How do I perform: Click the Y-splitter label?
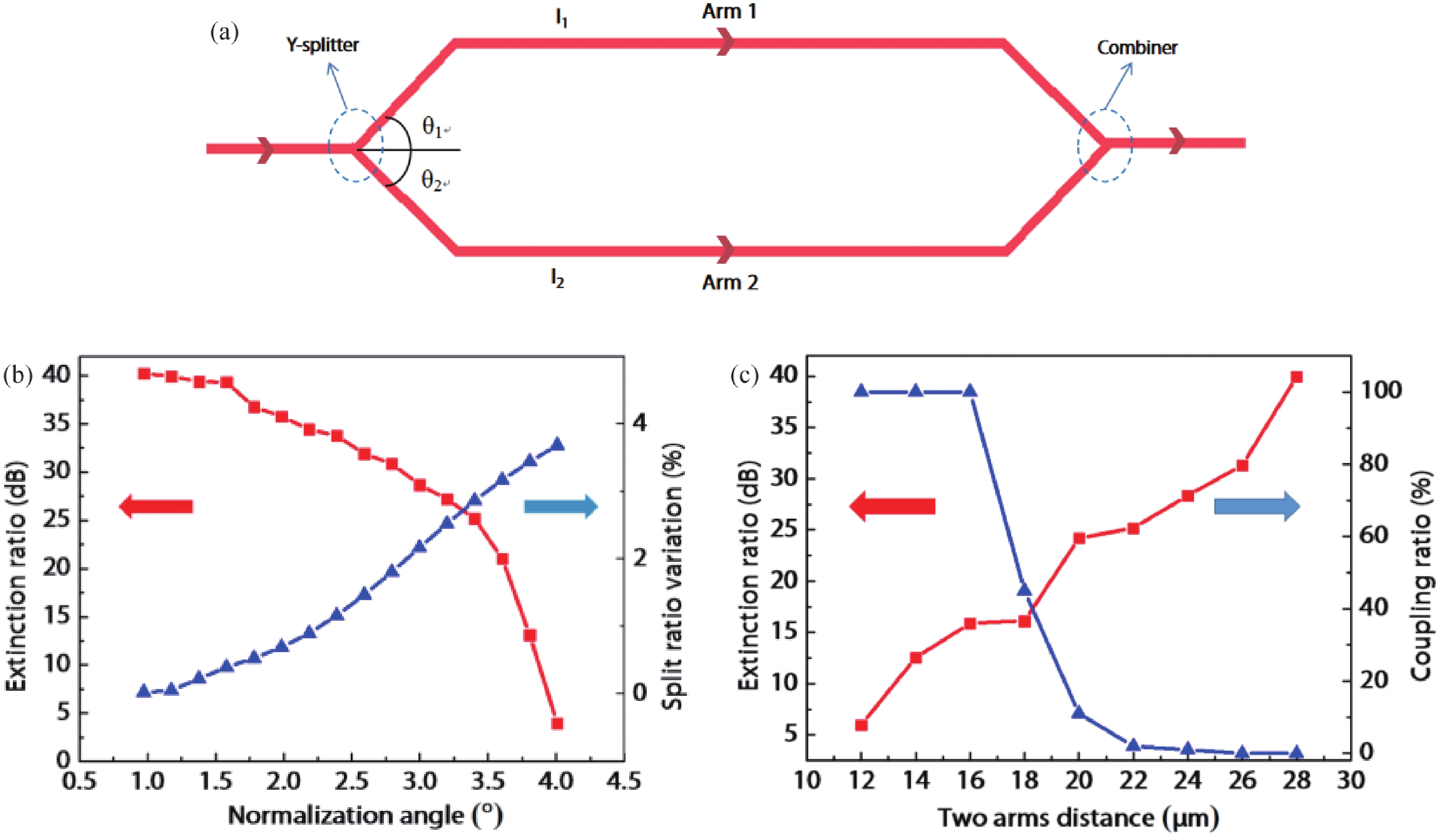tap(322, 45)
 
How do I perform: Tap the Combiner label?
tap(1137, 47)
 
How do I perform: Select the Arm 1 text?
tap(729, 11)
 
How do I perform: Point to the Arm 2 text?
tap(730, 283)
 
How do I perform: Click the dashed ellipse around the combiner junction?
tap(1105, 145)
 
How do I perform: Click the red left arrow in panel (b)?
tap(156, 506)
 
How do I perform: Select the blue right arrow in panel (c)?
tap(1257, 506)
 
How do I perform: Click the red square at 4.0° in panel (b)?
tap(557, 723)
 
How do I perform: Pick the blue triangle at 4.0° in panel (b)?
tap(557, 444)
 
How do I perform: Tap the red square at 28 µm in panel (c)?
tap(1296, 377)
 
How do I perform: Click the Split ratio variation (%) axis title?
tap(672, 575)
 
